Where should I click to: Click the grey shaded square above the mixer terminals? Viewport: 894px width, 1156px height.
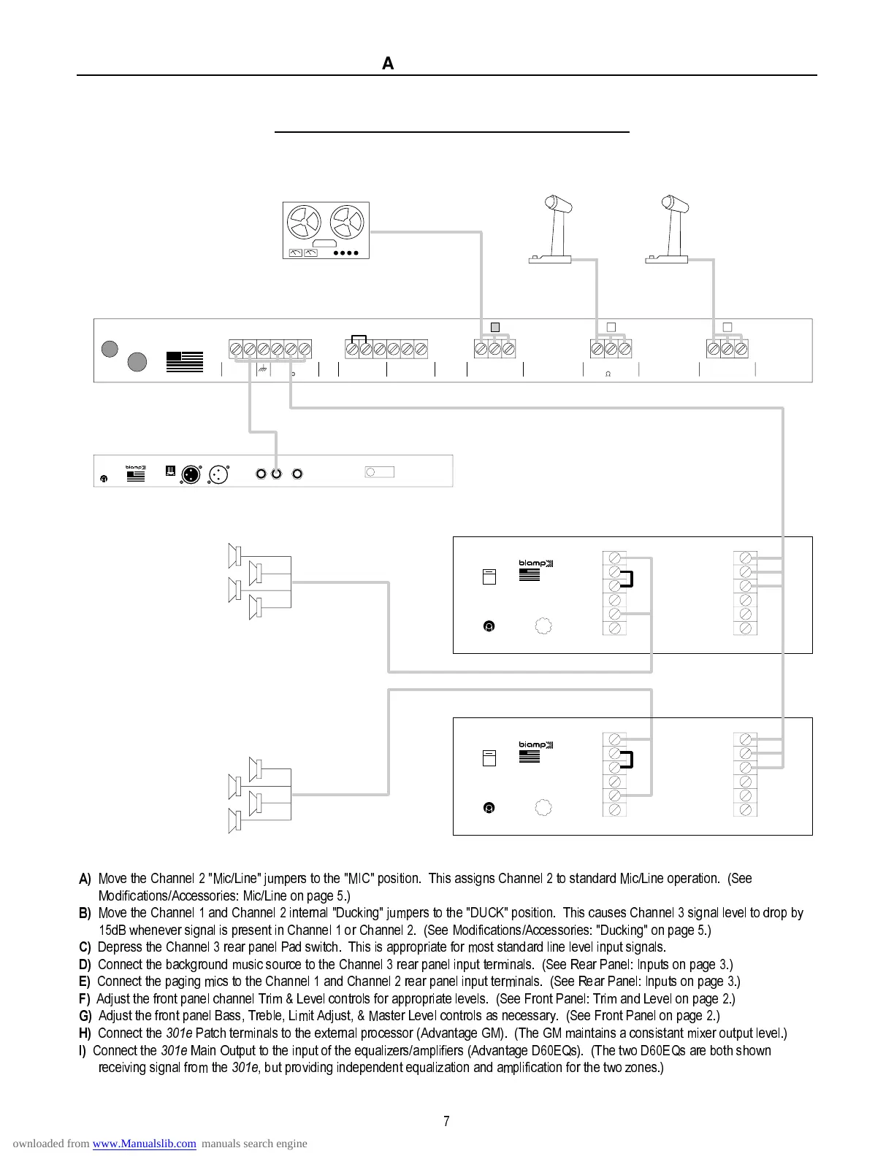(x=494, y=327)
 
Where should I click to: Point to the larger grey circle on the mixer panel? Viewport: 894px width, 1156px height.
(x=137, y=361)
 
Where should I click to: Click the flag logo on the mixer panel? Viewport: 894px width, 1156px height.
(x=185, y=362)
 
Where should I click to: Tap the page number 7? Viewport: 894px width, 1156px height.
(x=446, y=1122)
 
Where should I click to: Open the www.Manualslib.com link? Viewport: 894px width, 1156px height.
(x=144, y=1144)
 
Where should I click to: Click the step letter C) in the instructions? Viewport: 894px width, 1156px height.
(x=85, y=947)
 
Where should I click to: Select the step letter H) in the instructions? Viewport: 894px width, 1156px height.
(x=85, y=1033)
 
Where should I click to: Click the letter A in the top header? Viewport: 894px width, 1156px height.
(x=388, y=64)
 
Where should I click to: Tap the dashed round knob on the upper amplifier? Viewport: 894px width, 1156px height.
(x=543, y=626)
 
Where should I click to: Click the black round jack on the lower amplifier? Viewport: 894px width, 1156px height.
(x=489, y=808)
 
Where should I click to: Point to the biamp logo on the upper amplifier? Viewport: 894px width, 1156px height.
(x=536, y=563)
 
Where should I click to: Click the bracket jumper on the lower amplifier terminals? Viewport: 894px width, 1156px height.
(x=627, y=760)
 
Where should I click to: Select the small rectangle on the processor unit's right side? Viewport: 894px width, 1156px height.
(x=379, y=472)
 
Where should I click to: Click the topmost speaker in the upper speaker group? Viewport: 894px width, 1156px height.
(x=235, y=555)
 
